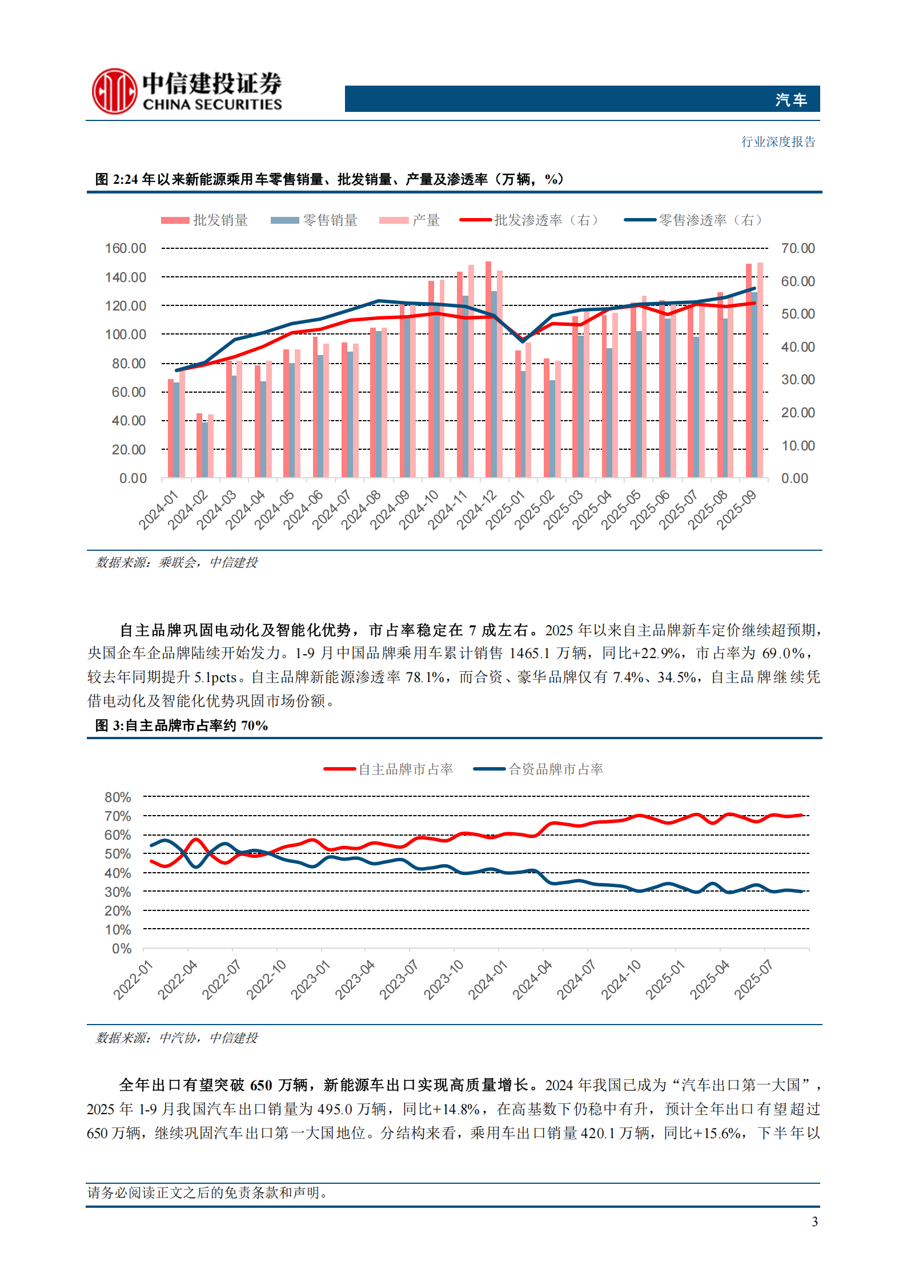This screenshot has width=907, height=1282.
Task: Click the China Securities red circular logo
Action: (x=114, y=91)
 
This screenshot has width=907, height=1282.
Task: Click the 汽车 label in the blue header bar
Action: (x=790, y=100)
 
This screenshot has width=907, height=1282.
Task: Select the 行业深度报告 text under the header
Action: (x=778, y=142)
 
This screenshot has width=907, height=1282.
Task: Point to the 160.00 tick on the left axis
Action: (x=126, y=248)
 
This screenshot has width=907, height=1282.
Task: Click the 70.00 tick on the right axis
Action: (x=797, y=248)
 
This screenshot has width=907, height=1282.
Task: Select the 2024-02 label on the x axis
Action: (x=189, y=510)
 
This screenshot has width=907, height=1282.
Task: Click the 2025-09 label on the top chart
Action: (x=737, y=510)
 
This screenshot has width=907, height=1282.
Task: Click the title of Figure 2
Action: (x=330, y=179)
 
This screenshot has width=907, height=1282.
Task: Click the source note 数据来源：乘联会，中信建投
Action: (x=176, y=563)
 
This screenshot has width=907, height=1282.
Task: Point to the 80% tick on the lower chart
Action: (x=118, y=797)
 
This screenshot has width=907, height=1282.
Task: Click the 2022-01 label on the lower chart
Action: (x=134, y=979)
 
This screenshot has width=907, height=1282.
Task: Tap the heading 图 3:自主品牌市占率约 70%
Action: (x=182, y=725)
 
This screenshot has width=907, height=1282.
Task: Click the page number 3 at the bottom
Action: (x=814, y=1221)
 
